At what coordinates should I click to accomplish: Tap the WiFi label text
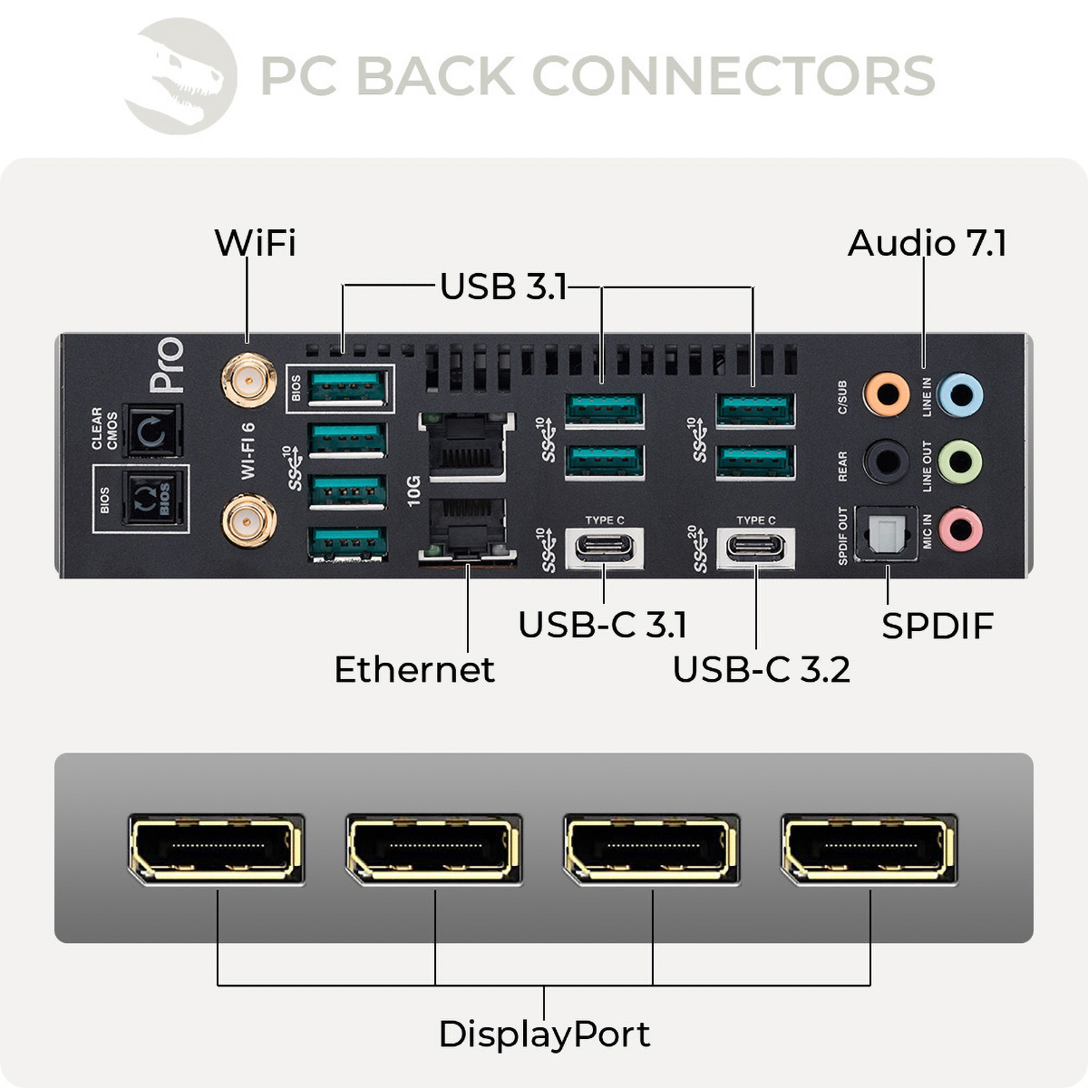coord(255,243)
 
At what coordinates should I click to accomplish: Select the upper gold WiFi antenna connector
coord(248,382)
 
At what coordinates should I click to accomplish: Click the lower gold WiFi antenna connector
coord(248,520)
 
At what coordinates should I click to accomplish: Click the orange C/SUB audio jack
coord(886,394)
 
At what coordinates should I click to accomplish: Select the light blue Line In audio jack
coord(959,394)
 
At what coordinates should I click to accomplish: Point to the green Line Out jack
coord(959,461)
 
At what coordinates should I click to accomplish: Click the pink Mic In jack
coord(959,529)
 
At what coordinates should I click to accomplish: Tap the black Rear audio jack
coord(886,461)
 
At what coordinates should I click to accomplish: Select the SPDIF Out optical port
coord(886,533)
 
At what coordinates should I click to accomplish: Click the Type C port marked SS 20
coord(756,549)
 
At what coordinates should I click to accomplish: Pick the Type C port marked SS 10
coord(605,549)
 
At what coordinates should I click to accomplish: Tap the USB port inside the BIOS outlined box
coord(347,388)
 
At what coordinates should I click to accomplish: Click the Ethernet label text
coord(414,670)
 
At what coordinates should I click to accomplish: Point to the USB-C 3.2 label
coord(761,670)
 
